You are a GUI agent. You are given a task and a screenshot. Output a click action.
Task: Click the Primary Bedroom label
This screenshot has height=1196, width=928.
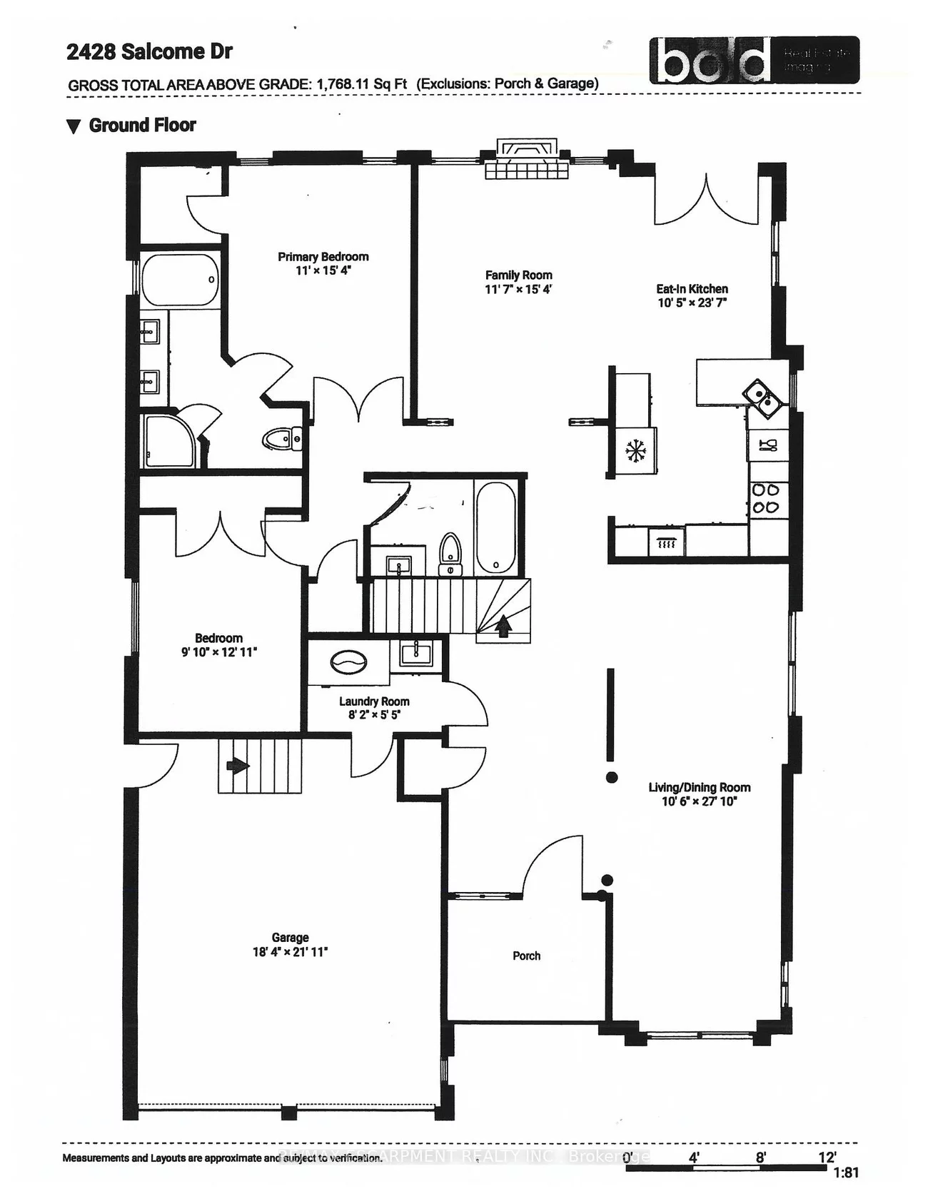tap(323, 257)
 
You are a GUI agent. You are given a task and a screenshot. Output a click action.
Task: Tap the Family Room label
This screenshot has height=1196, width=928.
tap(518, 275)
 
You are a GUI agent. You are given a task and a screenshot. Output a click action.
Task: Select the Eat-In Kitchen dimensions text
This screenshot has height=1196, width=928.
tap(692, 303)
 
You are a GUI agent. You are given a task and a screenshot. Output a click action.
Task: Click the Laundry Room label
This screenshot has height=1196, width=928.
tap(374, 701)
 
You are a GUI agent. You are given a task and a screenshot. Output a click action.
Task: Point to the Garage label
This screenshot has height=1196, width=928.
tap(290, 938)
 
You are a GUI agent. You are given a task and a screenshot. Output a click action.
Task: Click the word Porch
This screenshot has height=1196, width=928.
tap(526, 956)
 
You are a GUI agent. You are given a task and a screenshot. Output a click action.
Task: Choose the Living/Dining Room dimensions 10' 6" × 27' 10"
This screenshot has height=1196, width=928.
tap(699, 801)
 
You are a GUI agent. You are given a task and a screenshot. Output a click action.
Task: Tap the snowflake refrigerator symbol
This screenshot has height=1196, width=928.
tap(634, 450)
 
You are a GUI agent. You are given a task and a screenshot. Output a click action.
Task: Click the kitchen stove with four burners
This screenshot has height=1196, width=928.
tap(767, 498)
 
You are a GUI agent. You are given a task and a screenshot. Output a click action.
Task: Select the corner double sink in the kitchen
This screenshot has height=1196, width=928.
tap(762, 398)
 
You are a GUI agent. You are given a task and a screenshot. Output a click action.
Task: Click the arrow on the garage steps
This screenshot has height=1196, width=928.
tap(238, 766)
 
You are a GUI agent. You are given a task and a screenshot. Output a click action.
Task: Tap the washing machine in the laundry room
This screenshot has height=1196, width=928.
tap(350, 662)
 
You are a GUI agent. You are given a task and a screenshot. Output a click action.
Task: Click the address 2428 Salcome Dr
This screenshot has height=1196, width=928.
tap(149, 51)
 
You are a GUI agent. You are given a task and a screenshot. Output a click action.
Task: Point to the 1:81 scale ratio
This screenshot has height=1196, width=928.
tap(845, 1173)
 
